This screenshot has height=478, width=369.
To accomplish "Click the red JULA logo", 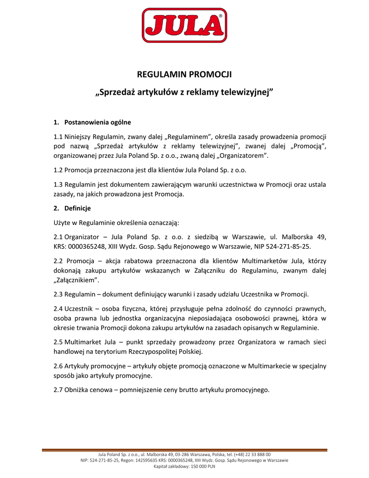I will point(184,26).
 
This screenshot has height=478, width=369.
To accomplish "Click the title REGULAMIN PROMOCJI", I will point(184,74).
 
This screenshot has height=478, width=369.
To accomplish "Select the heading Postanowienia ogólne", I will point(97,122).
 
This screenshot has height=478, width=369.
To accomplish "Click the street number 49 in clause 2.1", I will point(322,237).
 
